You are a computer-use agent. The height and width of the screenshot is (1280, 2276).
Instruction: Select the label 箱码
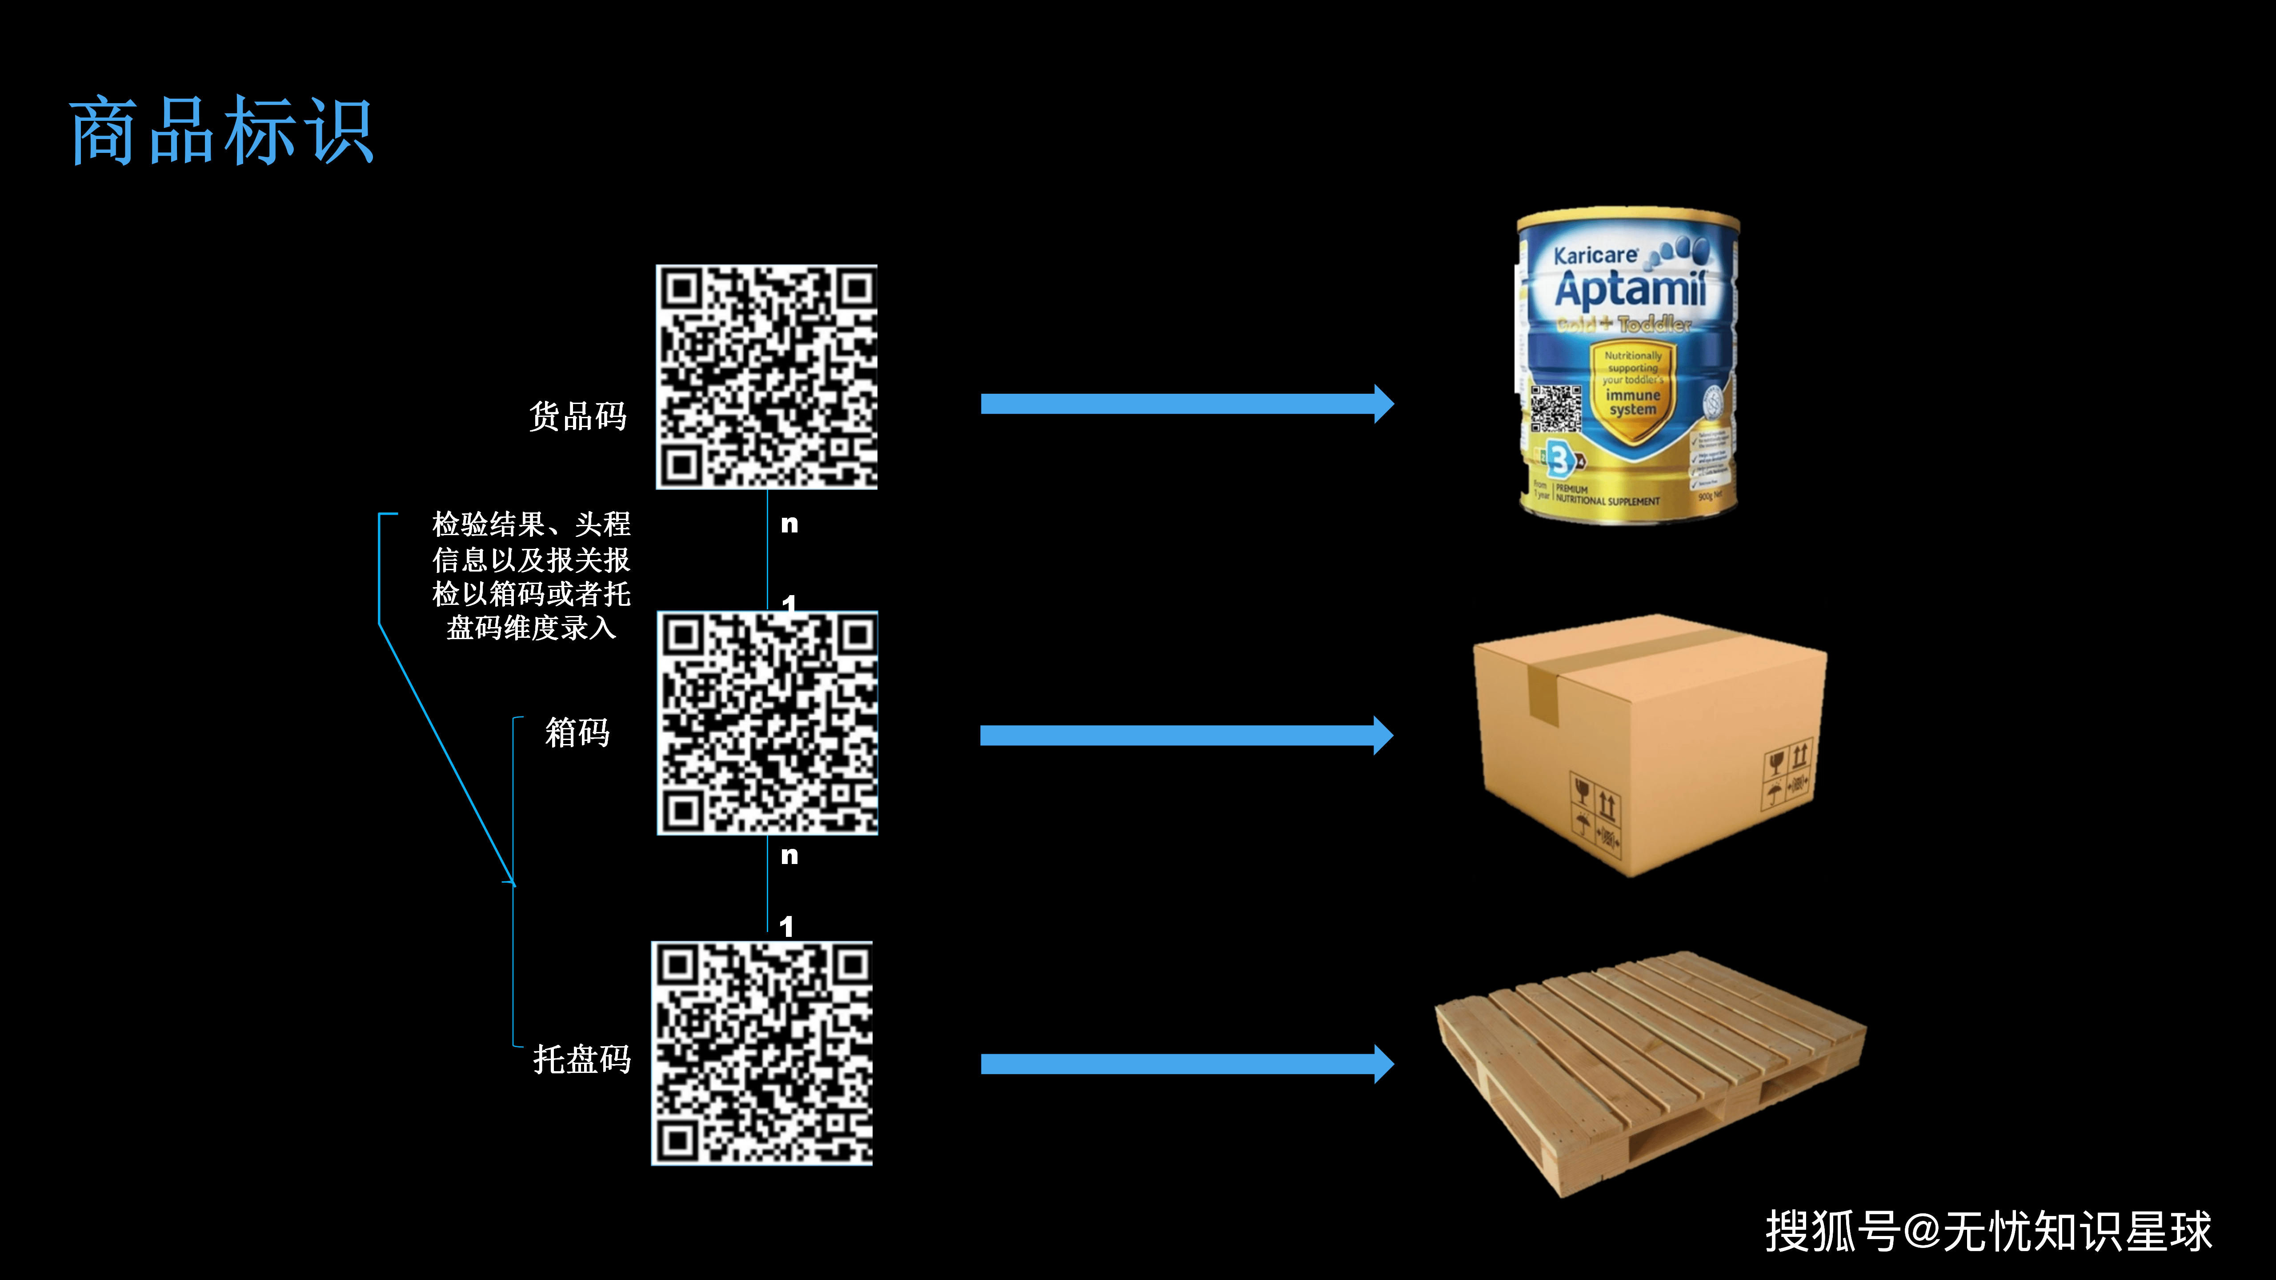(x=577, y=732)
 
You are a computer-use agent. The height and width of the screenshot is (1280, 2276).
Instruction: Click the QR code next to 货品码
(x=766, y=376)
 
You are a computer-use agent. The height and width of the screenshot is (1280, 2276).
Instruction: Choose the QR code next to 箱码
(x=767, y=723)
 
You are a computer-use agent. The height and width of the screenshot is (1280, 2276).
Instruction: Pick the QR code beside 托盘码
(x=761, y=1053)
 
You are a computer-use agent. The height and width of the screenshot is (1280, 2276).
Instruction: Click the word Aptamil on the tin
(x=1630, y=289)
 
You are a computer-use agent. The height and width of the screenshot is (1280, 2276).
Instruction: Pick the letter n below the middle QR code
(x=789, y=855)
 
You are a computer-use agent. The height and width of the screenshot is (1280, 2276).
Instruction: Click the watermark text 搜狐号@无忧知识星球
(x=1988, y=1231)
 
